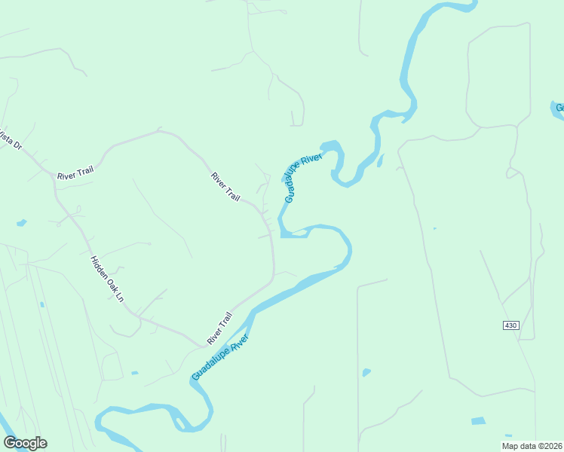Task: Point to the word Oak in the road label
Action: pos(110,283)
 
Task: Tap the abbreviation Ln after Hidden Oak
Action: pos(118,295)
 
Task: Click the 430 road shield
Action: pos(510,325)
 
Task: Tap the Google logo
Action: pos(25,443)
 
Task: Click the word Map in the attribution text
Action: pos(510,446)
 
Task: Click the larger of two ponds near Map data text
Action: pos(478,421)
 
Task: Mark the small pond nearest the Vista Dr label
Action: pos(21,223)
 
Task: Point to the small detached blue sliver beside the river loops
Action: pos(380,160)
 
